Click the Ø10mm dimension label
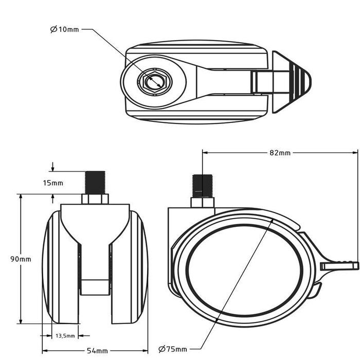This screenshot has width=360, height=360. click(65, 29)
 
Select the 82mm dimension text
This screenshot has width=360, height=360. click(280, 153)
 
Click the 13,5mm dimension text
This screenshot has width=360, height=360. click(65, 336)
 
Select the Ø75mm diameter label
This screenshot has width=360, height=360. click(173, 349)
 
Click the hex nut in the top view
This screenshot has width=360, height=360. click(153, 81)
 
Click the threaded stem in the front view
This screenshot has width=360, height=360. click(95, 183)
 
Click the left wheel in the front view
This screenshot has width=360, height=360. click(60, 267)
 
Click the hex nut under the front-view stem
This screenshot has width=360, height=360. click(95, 199)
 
